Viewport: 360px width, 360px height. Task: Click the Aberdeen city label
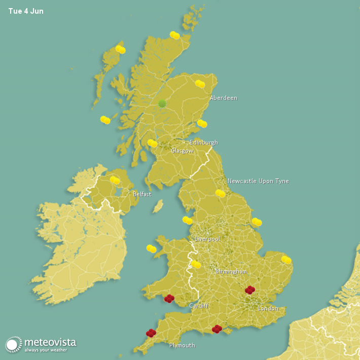224,98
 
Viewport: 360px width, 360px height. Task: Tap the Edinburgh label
203,142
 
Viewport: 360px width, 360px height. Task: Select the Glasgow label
182,151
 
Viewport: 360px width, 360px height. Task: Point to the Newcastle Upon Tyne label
258,181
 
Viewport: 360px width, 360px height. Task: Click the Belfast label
142,194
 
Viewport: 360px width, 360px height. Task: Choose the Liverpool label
207,238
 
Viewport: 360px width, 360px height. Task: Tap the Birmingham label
231,271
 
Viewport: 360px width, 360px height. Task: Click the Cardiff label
199,306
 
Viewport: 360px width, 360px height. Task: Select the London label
268,308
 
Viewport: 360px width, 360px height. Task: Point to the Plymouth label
182,345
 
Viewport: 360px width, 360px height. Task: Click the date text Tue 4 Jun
26,11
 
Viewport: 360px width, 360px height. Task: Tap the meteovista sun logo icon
14,344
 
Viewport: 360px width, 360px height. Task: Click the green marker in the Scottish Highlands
162,103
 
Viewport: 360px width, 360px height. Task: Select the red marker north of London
250,290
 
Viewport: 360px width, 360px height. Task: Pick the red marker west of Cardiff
169,299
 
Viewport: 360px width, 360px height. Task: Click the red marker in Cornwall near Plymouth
151,333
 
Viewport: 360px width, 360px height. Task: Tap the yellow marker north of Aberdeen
200,84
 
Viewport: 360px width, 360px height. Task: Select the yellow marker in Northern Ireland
115,180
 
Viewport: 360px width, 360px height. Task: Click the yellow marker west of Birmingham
196,264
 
